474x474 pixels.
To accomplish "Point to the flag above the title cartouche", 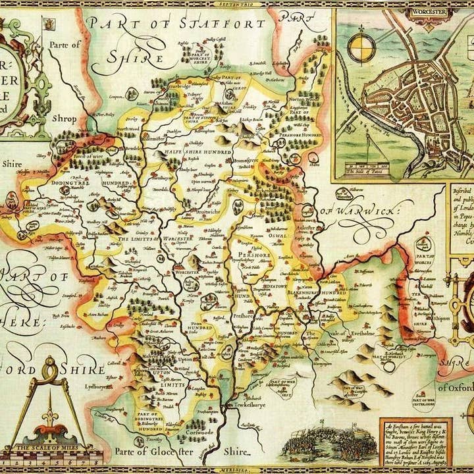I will pyautogui.click(x=47, y=24).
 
